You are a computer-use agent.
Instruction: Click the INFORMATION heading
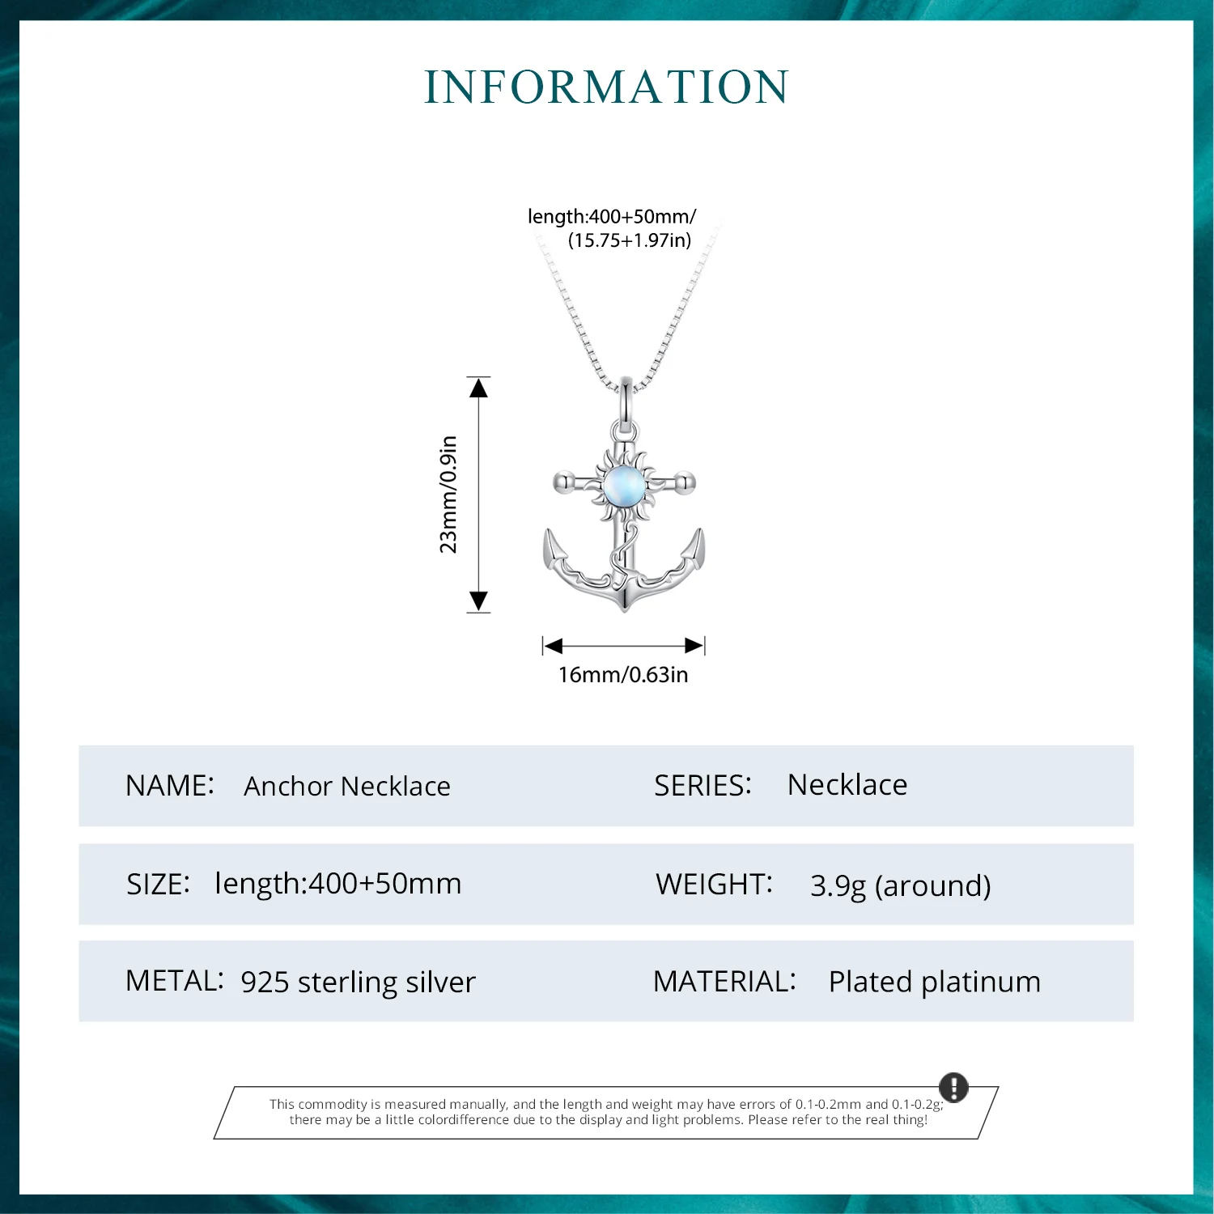606,87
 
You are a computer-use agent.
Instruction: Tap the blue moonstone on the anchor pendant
623,485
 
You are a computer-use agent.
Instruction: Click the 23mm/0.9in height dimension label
448,495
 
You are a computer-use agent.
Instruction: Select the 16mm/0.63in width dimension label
623,675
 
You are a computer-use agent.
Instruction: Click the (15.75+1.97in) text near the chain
630,240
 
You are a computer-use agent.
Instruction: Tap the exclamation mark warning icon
953,1087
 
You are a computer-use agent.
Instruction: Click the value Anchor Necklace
347,787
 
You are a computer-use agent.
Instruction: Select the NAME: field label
170,786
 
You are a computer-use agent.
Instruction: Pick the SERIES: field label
703,786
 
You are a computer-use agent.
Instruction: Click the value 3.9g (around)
901,886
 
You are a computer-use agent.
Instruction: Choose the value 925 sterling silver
359,983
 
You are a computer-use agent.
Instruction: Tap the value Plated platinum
935,983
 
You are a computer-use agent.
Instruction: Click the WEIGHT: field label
715,885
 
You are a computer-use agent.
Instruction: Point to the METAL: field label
174,981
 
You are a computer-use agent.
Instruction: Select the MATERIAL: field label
725,982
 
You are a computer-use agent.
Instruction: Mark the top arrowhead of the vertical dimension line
479,388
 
